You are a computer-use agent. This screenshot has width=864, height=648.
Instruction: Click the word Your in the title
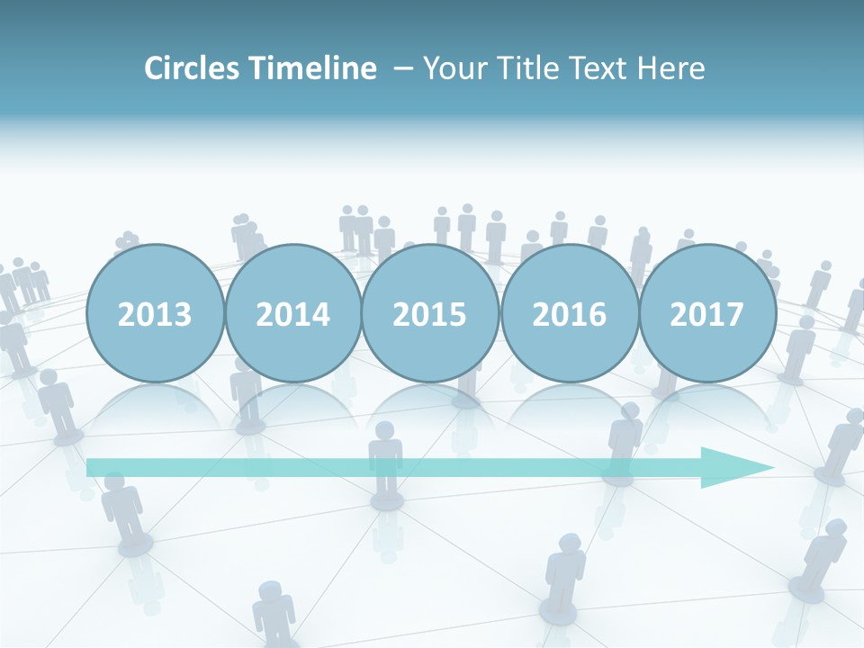click(449, 68)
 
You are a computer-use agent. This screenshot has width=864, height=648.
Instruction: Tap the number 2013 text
click(155, 314)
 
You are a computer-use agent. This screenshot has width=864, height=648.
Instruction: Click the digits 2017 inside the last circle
click(707, 314)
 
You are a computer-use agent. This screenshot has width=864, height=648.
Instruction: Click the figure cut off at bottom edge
click(273, 616)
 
